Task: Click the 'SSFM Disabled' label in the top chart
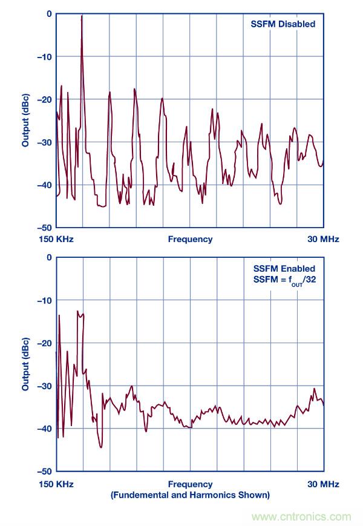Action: point(283,24)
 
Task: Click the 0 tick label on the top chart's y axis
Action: point(49,14)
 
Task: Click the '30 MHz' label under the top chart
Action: point(323,239)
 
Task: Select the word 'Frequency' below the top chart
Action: point(190,239)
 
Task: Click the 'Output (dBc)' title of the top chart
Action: point(26,120)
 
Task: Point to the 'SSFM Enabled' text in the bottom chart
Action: point(283,268)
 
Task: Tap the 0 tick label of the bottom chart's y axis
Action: point(49,257)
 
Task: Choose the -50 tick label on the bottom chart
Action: point(44,471)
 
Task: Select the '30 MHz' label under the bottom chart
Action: point(323,484)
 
